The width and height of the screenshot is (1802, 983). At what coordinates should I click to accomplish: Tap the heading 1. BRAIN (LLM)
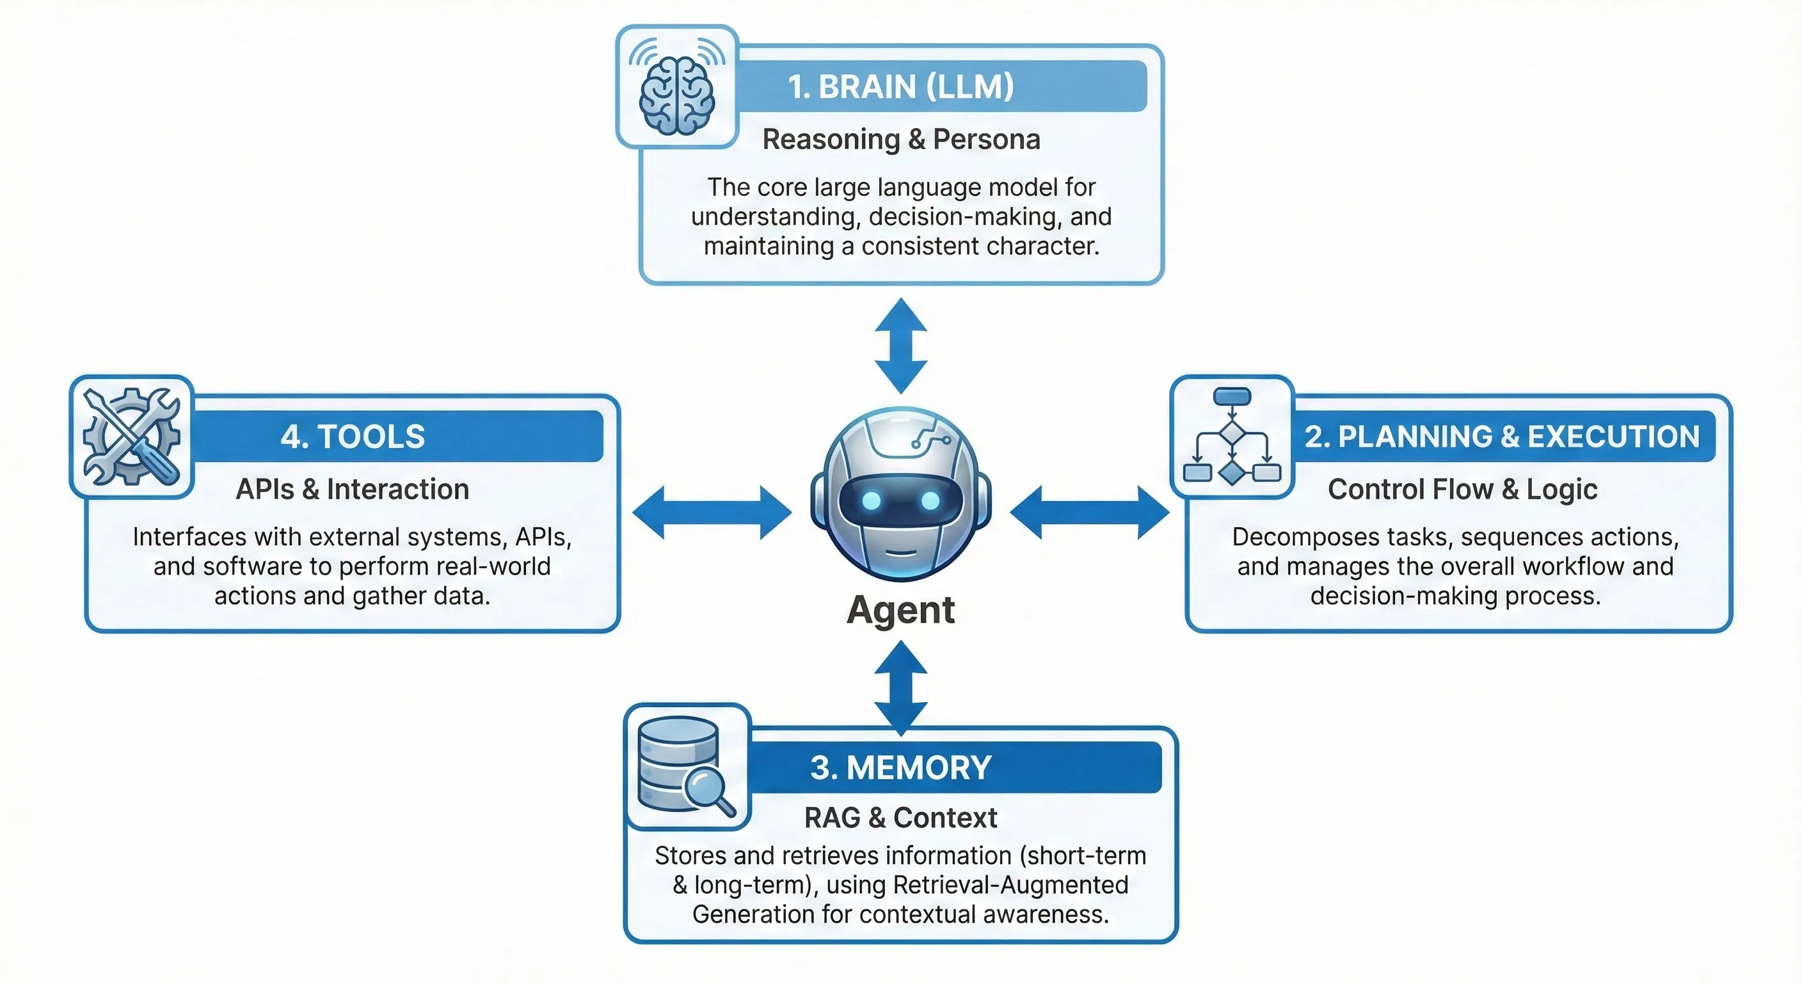[900, 87]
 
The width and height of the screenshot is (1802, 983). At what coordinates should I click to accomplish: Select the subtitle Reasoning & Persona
[901, 140]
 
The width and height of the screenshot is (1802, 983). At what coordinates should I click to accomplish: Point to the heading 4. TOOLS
[353, 436]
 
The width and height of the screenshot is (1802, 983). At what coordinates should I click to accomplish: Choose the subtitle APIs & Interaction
[352, 489]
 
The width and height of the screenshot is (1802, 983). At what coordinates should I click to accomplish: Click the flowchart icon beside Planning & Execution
[1231, 436]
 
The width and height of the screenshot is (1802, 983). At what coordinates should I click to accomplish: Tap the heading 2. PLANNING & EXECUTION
[1502, 436]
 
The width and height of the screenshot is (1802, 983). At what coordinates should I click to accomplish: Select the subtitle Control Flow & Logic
[1462, 489]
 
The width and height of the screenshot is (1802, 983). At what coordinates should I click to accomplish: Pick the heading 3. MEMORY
[900, 767]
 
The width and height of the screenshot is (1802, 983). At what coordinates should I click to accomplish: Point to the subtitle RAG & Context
[900, 817]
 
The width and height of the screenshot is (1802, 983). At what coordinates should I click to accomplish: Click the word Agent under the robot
[900, 610]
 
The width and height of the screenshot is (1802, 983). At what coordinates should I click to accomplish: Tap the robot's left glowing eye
[872, 500]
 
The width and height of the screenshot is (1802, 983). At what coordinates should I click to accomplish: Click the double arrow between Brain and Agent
[901, 346]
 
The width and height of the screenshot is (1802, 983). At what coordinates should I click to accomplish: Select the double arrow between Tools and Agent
[712, 513]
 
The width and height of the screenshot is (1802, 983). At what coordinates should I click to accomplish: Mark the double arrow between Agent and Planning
[1089, 513]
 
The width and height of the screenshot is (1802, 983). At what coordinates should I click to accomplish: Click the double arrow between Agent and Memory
[901, 688]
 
